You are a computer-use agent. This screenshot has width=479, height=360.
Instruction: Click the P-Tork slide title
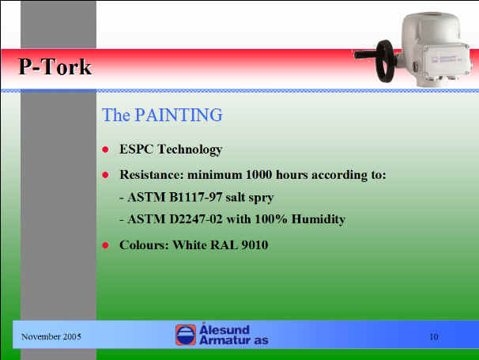55,66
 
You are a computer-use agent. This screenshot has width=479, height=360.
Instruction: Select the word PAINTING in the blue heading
179,115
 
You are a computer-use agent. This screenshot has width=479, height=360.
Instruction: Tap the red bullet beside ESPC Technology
105,150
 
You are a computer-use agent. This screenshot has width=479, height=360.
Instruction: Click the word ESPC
136,150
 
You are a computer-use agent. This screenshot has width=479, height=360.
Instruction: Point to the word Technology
190,150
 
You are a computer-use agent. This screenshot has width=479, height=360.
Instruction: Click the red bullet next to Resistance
105,175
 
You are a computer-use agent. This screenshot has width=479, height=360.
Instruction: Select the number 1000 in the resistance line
258,175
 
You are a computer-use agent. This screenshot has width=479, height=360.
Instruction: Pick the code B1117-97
195,197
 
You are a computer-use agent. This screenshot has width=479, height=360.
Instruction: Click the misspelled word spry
261,199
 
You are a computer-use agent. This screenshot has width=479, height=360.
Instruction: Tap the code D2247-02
196,219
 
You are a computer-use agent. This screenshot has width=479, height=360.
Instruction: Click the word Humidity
319,220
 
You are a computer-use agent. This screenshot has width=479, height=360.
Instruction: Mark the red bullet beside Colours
105,245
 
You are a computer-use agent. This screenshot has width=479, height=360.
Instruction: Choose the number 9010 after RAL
255,245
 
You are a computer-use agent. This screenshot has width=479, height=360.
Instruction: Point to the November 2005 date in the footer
51,337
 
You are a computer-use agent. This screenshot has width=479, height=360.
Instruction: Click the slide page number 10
434,337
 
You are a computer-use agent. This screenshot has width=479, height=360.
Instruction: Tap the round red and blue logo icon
186,335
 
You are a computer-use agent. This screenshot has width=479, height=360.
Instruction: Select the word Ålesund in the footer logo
224,329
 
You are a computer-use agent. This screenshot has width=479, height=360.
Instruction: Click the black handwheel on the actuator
386,61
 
